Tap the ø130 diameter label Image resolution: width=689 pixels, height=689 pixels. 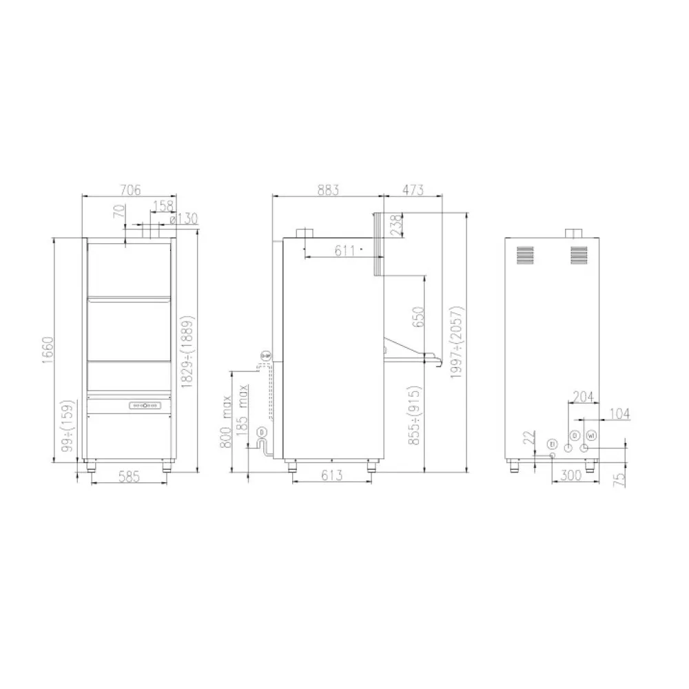(x=183, y=220)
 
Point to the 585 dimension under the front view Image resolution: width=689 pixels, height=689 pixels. (x=129, y=475)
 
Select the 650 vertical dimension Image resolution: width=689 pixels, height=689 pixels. (x=416, y=316)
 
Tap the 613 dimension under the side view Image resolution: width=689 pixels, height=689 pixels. (x=331, y=475)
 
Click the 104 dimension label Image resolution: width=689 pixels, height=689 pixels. (x=619, y=413)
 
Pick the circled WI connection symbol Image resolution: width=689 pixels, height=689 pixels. (x=590, y=435)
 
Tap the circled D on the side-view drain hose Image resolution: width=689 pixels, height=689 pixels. (x=262, y=432)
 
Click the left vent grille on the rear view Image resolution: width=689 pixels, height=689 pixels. (x=526, y=255)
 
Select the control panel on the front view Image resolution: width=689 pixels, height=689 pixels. (x=145, y=406)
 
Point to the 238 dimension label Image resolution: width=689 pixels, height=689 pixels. (x=395, y=225)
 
